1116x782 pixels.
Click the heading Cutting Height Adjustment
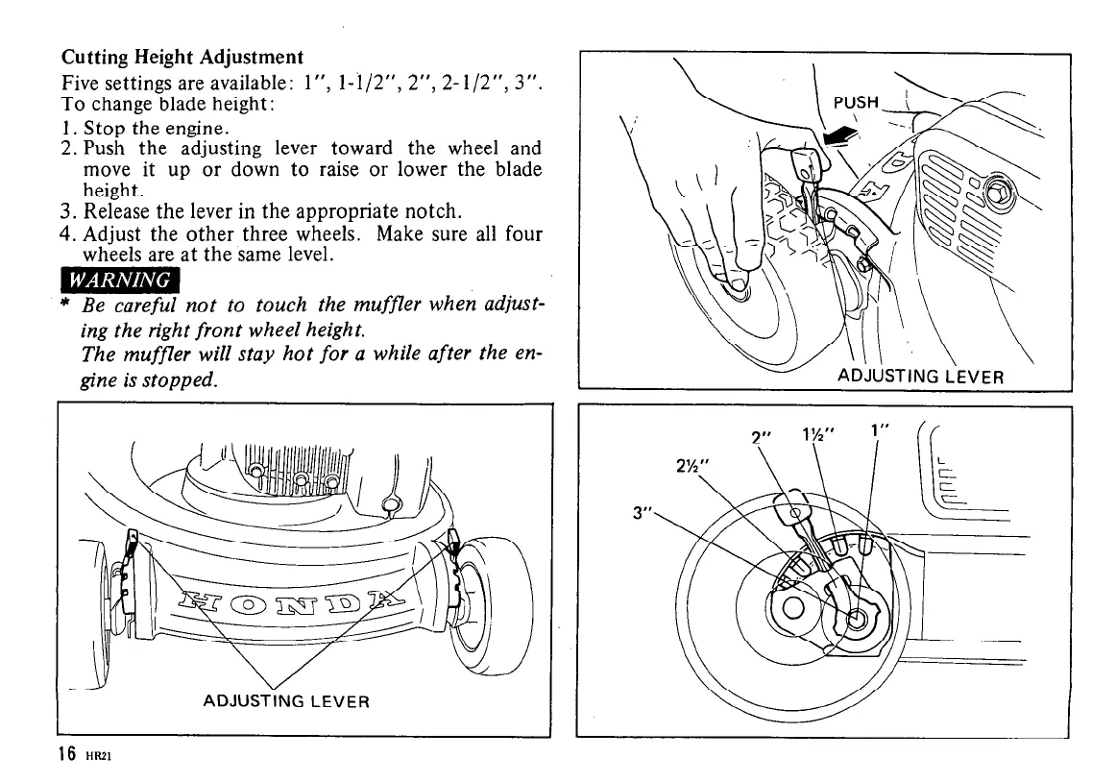[x=182, y=58]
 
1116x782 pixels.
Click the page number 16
[x=66, y=754]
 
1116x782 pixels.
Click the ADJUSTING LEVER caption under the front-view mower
[x=286, y=700]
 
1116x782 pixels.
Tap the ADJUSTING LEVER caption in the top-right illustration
[x=921, y=376]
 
